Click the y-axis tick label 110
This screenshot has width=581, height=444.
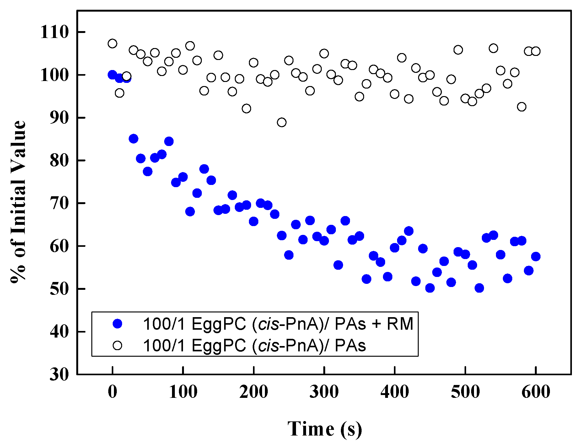click(54, 32)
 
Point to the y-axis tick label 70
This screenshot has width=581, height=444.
click(59, 203)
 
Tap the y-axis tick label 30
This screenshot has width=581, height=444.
click(59, 374)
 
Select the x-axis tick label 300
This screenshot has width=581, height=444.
click(324, 392)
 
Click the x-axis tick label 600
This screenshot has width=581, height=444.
click(535, 392)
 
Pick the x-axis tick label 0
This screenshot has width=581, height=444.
click(112, 392)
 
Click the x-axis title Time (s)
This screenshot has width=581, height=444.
click(325, 429)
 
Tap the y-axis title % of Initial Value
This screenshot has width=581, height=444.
click(18, 202)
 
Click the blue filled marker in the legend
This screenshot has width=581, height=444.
click(117, 324)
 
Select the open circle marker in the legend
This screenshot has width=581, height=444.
click(117, 345)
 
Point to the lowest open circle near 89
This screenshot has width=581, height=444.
click(282, 122)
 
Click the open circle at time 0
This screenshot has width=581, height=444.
click(112, 43)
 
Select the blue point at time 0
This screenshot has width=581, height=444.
click(112, 75)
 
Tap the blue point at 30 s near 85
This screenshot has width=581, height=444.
click(133, 138)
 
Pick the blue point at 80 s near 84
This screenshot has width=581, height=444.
click(169, 141)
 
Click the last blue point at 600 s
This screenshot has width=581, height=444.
click(535, 257)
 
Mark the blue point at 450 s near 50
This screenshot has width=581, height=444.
click(430, 288)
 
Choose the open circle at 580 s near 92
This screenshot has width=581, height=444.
click(521, 107)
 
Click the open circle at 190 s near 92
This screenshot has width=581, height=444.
click(246, 108)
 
